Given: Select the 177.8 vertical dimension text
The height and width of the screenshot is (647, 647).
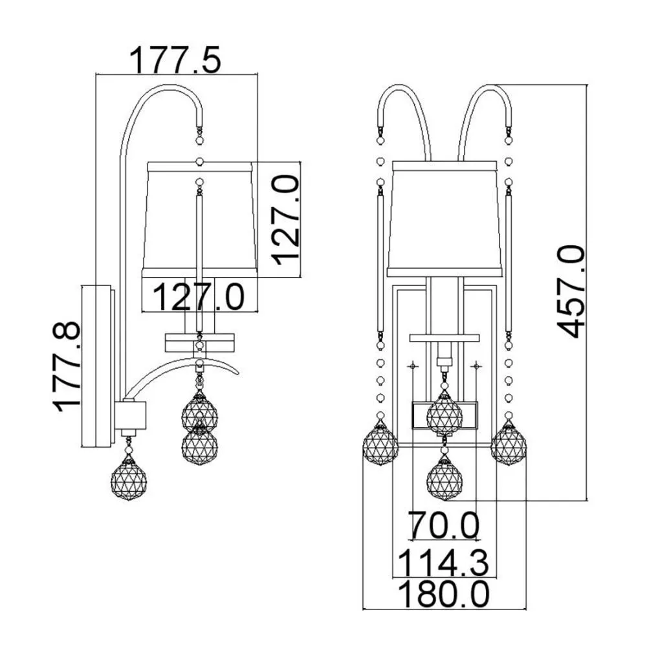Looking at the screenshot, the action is coord(67,367).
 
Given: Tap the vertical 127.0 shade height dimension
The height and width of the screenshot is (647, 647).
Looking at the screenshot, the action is coord(285,219).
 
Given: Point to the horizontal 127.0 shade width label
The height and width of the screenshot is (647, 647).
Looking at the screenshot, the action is coord(199,297).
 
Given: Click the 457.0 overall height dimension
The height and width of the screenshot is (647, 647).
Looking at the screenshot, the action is coord(571,291).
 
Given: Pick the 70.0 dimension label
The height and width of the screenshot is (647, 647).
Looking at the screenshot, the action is coord(444,525).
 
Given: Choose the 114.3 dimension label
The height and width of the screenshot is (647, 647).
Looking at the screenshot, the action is coord(444,562).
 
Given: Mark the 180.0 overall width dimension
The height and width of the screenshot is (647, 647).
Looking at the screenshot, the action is coord(444,593).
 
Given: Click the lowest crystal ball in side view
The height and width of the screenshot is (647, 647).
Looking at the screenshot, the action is coord(129,479).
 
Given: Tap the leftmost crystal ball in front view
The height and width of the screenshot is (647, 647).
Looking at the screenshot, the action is coord(380,444).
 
